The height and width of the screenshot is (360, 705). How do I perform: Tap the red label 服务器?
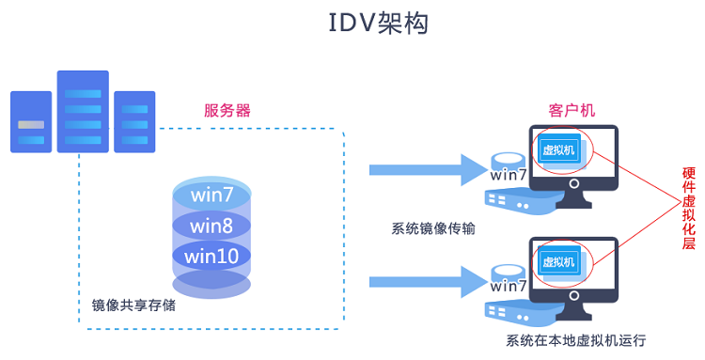point(227,110)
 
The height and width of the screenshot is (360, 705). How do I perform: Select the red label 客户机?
point(572,110)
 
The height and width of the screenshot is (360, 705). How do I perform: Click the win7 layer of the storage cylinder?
point(211,196)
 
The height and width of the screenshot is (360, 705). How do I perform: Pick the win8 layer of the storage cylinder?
point(211,226)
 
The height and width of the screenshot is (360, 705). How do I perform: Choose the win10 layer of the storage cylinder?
point(211,255)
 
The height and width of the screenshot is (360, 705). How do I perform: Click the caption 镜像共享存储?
point(133,305)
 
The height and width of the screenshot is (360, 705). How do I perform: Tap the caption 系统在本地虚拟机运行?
point(576,340)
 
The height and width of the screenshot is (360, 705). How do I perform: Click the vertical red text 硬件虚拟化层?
point(689,209)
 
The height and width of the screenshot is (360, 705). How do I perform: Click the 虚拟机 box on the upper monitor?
point(559,149)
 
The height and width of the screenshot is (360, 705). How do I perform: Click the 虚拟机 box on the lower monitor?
point(559,260)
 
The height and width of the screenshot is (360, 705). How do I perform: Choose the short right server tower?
point(133,122)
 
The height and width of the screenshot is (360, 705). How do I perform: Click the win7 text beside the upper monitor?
point(509,176)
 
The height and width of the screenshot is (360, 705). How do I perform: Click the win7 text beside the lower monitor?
point(509,287)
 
